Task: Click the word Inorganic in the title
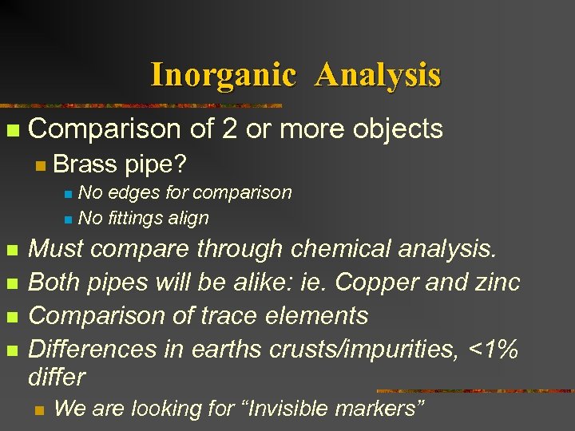(223, 75)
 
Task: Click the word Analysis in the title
(378, 75)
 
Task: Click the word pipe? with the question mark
(156, 165)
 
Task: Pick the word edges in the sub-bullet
(136, 193)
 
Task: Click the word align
(189, 218)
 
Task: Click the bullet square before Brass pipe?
(39, 167)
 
